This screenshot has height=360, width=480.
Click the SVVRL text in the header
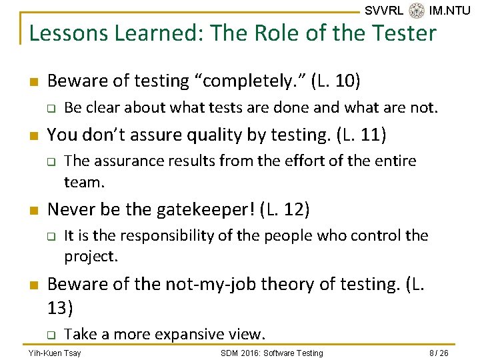[384, 11]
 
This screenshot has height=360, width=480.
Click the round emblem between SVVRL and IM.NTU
[417, 11]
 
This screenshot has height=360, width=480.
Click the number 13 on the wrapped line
[61, 307]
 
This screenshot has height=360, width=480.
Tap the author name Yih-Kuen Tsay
[55, 353]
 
